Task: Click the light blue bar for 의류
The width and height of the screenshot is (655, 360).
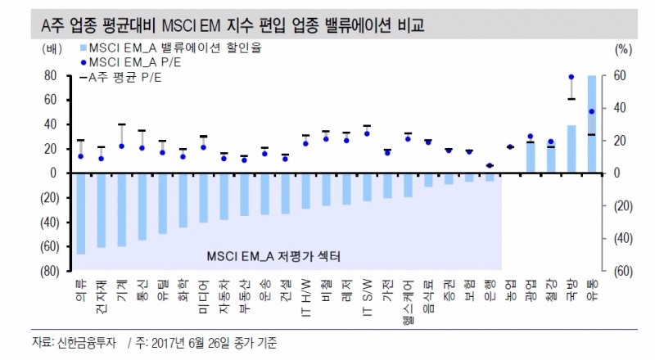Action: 80,213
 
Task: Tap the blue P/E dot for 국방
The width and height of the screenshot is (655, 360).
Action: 571,77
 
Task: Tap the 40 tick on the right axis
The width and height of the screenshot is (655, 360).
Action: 618,108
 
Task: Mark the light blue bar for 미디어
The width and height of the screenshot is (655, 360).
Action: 203,197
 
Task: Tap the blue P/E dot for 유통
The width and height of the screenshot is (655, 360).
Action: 591,111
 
